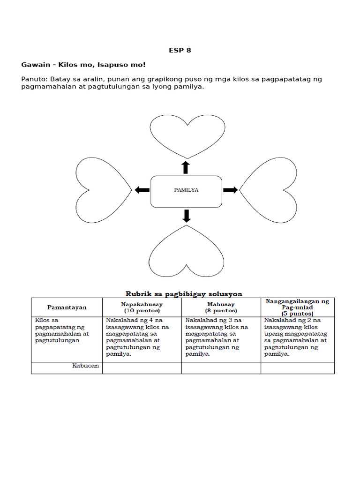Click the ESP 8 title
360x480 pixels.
click(180, 50)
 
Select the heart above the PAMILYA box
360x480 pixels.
click(187, 134)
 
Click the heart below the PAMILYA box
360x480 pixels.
click(187, 249)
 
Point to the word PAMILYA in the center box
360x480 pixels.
click(186, 190)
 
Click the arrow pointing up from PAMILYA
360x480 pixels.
click(186, 168)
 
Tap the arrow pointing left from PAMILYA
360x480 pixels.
click(142, 190)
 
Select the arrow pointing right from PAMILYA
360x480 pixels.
click(230, 190)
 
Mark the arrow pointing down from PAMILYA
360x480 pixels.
click(187, 216)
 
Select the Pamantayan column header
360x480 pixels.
click(67, 307)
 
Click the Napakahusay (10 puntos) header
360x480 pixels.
click(142, 307)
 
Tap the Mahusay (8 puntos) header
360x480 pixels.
click(221, 307)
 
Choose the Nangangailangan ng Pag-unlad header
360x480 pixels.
click(297, 307)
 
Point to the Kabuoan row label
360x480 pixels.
click(85, 366)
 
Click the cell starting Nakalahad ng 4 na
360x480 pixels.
click(142, 337)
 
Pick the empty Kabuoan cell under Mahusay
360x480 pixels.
click(221, 368)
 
